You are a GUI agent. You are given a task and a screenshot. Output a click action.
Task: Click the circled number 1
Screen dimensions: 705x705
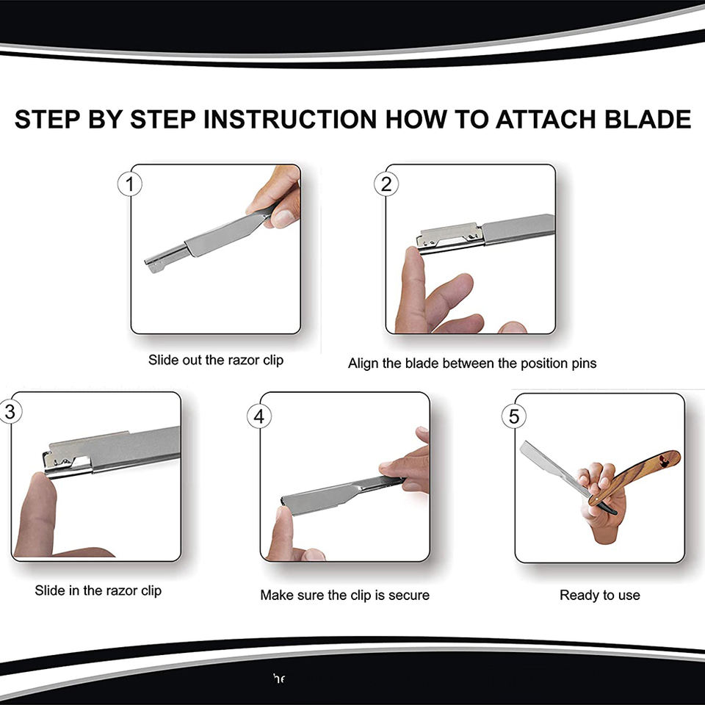(x=130, y=184)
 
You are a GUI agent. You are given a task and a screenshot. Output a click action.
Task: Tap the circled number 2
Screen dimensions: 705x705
(x=386, y=184)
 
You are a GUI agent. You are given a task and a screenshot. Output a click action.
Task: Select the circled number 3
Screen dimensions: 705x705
(x=10, y=412)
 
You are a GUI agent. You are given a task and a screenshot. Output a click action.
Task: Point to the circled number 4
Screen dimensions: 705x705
(x=259, y=416)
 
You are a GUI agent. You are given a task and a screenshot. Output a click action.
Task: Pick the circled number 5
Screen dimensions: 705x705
(x=514, y=416)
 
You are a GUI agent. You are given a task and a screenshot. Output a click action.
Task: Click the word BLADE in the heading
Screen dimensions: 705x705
(x=648, y=120)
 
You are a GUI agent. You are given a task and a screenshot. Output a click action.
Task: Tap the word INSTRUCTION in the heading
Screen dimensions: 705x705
(x=290, y=120)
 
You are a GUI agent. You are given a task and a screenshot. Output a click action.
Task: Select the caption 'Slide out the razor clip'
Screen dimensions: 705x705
(x=216, y=360)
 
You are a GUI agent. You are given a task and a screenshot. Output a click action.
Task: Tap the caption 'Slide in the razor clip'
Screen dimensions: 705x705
(x=98, y=590)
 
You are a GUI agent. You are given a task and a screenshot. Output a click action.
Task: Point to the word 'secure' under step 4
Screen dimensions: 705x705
(x=409, y=596)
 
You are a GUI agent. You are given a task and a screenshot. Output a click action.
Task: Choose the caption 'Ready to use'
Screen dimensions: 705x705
(x=600, y=596)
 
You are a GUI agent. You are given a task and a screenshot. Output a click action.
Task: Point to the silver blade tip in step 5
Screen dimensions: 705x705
(x=524, y=446)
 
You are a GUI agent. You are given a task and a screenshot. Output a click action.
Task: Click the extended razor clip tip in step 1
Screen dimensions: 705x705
(x=153, y=267)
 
